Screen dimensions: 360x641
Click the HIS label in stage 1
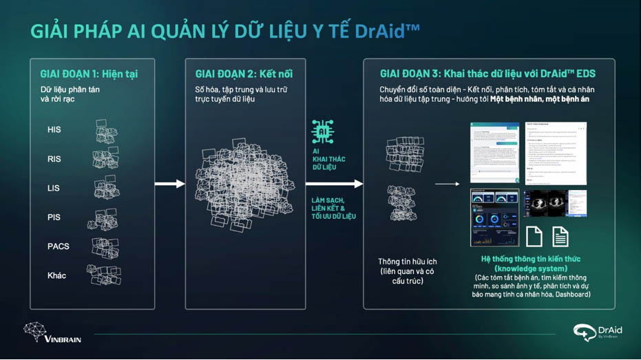click(54, 129)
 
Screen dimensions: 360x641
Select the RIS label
click(54, 159)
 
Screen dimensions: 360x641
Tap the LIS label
click(54, 188)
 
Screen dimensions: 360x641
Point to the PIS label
click(54, 218)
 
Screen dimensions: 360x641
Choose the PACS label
click(58, 246)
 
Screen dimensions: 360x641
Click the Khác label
click(56, 275)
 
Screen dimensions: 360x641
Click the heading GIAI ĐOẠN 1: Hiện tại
click(89, 74)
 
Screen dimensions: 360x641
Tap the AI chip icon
click(322, 131)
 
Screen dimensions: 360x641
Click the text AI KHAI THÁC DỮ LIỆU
click(328, 159)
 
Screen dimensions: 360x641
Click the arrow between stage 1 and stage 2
click(170, 184)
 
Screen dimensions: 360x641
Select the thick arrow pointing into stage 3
click(334, 184)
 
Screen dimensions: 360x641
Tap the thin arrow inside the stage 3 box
click(447, 184)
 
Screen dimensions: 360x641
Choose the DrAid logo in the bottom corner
click(596, 332)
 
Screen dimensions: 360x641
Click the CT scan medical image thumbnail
click(555, 204)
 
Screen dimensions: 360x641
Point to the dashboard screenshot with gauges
click(494, 218)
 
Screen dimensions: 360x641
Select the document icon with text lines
click(560, 236)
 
